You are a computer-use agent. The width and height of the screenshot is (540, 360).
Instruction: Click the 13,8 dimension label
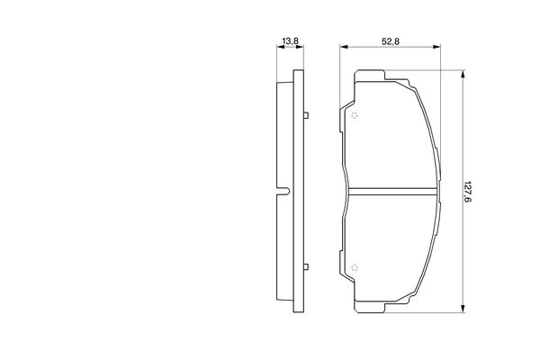[290, 41]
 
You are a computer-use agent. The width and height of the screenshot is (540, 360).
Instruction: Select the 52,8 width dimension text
[391, 41]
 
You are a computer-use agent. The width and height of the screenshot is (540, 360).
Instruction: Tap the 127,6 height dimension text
[467, 192]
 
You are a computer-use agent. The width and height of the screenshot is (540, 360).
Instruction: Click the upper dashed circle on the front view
[355, 115]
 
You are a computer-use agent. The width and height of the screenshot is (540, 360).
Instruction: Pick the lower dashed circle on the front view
[355, 267]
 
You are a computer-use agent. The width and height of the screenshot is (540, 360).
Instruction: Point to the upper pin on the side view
[306, 115]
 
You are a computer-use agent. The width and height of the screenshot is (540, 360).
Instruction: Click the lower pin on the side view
[306, 267]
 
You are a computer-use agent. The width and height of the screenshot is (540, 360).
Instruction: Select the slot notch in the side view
[283, 192]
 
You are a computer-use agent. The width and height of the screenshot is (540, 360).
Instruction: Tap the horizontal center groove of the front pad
[393, 192]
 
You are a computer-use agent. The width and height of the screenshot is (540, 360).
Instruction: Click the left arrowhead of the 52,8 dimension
[344, 47]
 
